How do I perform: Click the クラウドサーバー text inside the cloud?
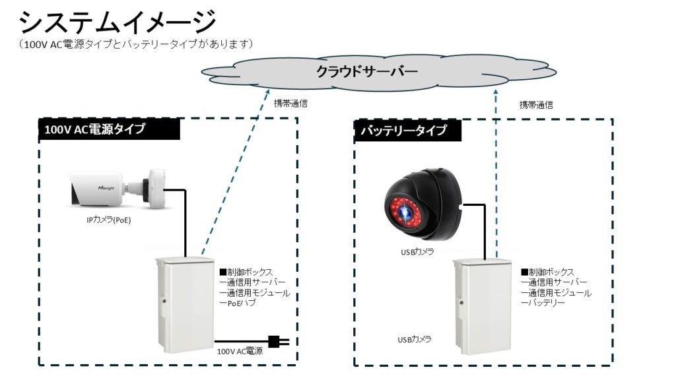pyautogui.click(x=367, y=71)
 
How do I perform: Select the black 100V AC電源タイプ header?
pyautogui.click(x=109, y=129)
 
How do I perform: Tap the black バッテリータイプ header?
pyautogui.click(x=407, y=130)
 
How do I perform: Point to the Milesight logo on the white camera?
pyautogui.click(x=106, y=188)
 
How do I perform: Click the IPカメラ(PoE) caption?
pyautogui.click(x=109, y=220)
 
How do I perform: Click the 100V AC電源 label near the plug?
pyautogui.click(x=240, y=352)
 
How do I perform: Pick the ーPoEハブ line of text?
pyautogui.click(x=238, y=303)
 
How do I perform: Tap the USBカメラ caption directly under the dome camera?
pyautogui.click(x=417, y=251)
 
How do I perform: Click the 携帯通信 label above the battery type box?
pyautogui.click(x=536, y=105)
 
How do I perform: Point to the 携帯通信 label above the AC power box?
pyautogui.click(x=290, y=104)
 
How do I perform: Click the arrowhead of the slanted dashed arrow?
pyautogui.click(x=268, y=92)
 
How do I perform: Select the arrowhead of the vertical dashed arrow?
pyautogui.click(x=496, y=92)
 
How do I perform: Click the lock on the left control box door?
pyautogui.click(x=164, y=301)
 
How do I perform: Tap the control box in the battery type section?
pyautogui.click(x=481, y=307)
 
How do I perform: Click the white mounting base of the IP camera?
pyautogui.click(x=156, y=189)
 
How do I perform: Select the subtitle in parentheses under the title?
pyautogui.click(x=135, y=44)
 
